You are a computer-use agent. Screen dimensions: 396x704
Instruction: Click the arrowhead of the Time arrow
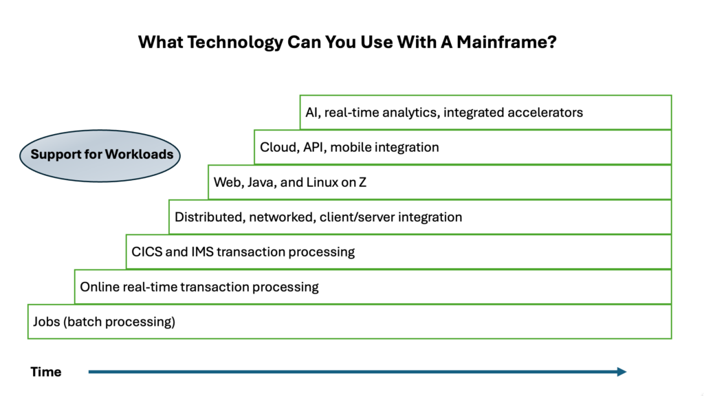[x=621, y=372]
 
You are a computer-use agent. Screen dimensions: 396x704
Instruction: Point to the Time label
[x=46, y=372]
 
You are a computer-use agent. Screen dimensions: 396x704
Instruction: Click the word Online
[x=100, y=287]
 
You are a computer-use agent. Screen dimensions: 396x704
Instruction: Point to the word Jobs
[x=46, y=322]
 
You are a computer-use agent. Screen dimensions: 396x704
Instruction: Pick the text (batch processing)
[x=120, y=322]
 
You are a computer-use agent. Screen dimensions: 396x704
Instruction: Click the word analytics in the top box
[x=406, y=112]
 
